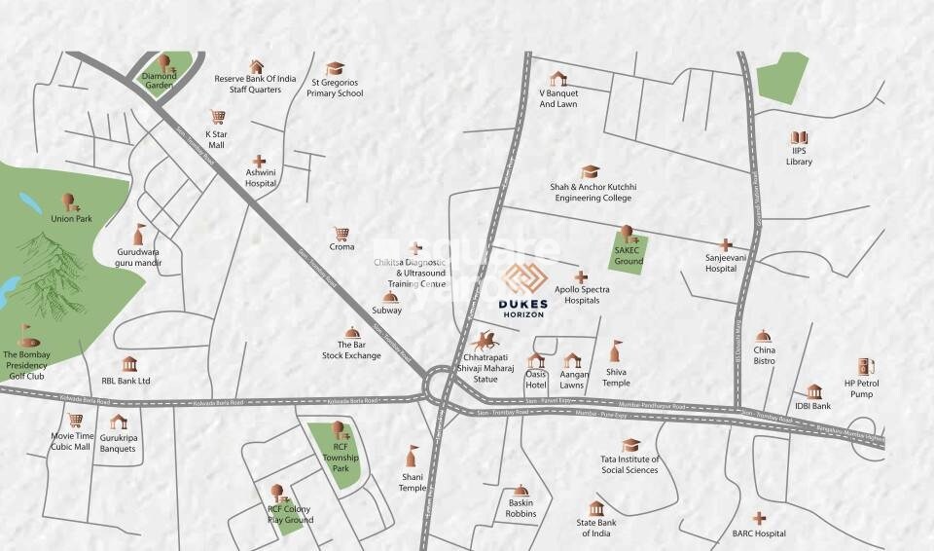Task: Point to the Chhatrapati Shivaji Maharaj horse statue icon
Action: coord(483,341)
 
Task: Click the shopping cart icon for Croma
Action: coord(341,234)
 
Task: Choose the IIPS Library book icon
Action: coord(799,139)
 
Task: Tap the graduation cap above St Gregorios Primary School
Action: coord(335,68)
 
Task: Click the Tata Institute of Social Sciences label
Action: coord(629,464)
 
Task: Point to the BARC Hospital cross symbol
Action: coord(759,518)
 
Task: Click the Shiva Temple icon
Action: coord(615,350)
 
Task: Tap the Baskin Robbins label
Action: coord(521,508)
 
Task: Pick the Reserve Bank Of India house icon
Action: coord(256,66)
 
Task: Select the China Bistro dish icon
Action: coord(764,336)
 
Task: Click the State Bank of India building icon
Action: coord(595,509)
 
